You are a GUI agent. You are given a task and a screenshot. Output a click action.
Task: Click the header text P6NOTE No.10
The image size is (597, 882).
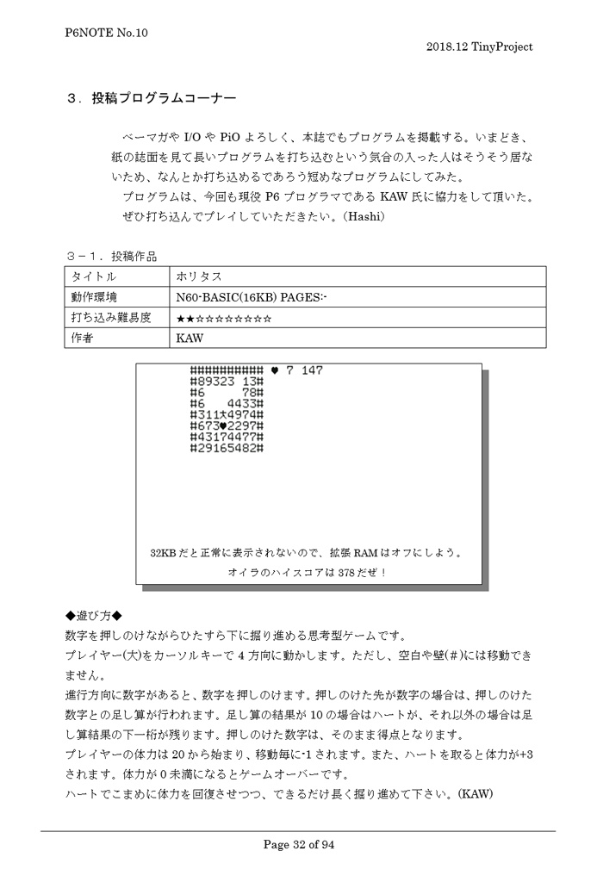click(x=107, y=33)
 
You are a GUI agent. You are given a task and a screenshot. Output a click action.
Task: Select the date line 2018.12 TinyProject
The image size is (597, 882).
click(x=479, y=47)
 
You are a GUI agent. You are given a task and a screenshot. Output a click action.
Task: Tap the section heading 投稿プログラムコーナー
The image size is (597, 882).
click(x=163, y=99)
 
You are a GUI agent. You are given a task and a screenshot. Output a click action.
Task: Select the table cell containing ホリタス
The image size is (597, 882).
click(x=199, y=277)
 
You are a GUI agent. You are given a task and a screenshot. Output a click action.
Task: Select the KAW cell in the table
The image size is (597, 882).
click(x=190, y=339)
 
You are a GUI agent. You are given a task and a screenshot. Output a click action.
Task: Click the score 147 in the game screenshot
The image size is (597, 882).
click(x=312, y=370)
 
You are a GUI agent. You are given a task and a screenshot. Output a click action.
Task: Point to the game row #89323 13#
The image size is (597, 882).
click(x=226, y=381)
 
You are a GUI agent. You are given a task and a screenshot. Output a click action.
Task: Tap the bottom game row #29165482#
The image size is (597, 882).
click(x=226, y=448)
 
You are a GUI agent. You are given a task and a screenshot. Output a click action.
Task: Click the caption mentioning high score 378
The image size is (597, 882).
click(x=308, y=572)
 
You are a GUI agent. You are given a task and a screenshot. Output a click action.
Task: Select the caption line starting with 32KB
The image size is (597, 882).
click(x=308, y=552)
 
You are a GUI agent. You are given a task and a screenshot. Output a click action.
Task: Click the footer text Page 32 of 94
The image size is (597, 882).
click(x=298, y=844)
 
